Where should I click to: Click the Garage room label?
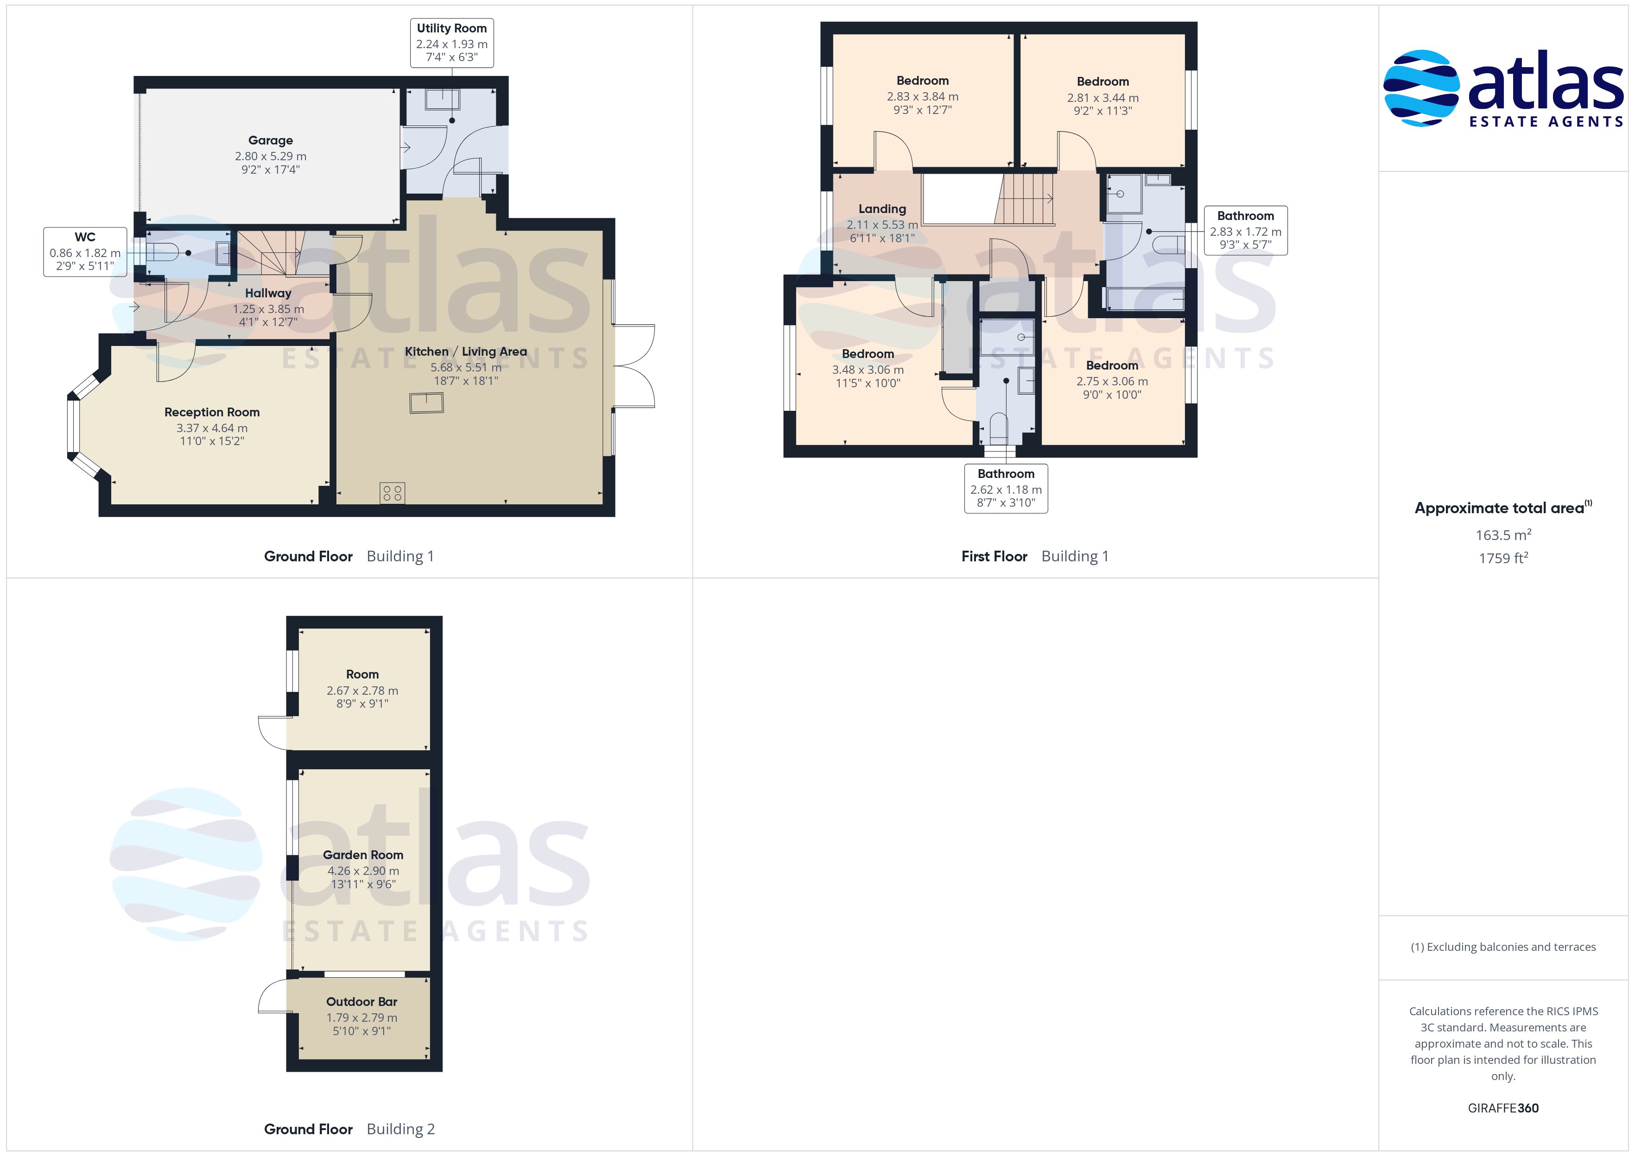point(271,140)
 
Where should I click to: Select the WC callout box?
point(85,252)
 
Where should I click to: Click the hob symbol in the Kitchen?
point(393,493)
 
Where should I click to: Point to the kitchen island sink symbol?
point(426,403)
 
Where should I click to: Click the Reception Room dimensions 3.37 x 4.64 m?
point(212,428)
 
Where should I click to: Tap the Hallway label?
point(268,293)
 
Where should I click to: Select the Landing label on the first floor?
point(882,208)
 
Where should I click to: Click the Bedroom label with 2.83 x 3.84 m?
point(922,81)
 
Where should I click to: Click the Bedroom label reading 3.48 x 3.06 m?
point(868,354)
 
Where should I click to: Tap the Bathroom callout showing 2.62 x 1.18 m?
point(1006,488)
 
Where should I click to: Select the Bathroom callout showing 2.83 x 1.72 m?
point(1245,230)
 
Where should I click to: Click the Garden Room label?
point(363,855)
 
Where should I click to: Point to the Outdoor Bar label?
point(362,1001)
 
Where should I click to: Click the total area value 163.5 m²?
point(1503,534)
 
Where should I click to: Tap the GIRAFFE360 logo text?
point(1503,1107)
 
